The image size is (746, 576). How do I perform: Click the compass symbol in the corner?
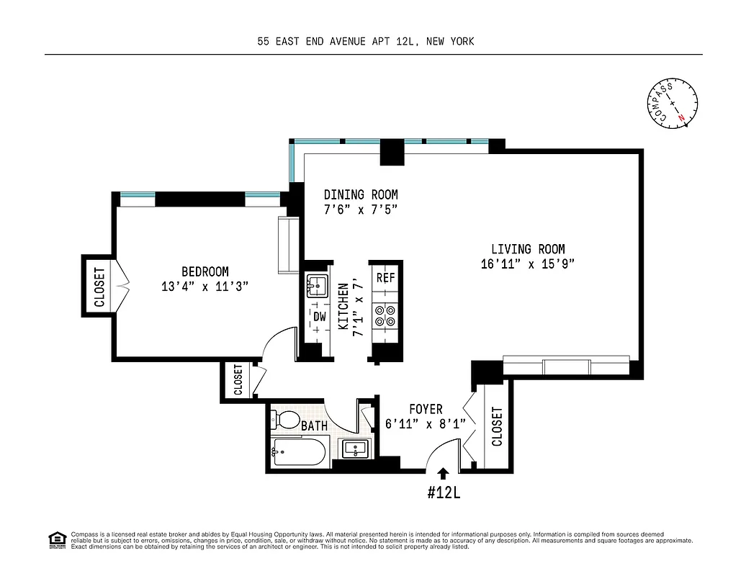pyautogui.click(x=673, y=104)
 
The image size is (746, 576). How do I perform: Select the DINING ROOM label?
pyautogui.click(x=360, y=194)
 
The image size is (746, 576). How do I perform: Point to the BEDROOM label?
pyautogui.click(x=205, y=271)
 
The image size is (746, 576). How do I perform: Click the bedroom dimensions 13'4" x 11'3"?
pyautogui.click(x=205, y=287)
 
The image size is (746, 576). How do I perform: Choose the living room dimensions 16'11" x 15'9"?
pyautogui.click(x=528, y=264)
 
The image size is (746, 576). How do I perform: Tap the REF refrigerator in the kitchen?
pyautogui.click(x=386, y=277)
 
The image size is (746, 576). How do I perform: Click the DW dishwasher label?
pyautogui.click(x=319, y=316)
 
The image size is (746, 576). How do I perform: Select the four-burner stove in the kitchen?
pyautogui.click(x=386, y=317)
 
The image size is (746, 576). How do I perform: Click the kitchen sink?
pyautogui.click(x=317, y=287)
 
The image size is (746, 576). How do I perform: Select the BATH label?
pyautogui.click(x=314, y=426)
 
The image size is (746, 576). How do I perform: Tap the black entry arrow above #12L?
pyautogui.click(x=444, y=473)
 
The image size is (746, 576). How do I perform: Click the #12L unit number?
pyautogui.click(x=444, y=494)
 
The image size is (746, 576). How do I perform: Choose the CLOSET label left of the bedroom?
pyautogui.click(x=99, y=287)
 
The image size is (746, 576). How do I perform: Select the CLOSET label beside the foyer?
pyautogui.click(x=496, y=427)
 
